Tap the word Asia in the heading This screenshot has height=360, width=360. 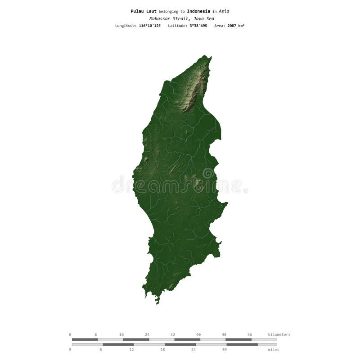224,11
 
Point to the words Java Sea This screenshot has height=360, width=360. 204,18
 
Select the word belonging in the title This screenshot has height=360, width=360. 169,11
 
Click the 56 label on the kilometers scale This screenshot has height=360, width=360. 249,334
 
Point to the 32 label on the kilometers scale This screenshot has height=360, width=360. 173,334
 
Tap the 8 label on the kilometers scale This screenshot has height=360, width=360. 96,334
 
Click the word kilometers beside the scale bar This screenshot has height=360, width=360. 279,334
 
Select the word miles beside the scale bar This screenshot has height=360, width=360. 273,350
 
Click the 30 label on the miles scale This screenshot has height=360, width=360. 224,350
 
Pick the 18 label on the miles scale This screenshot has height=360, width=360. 162,350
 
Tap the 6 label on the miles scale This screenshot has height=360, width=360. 101,350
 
